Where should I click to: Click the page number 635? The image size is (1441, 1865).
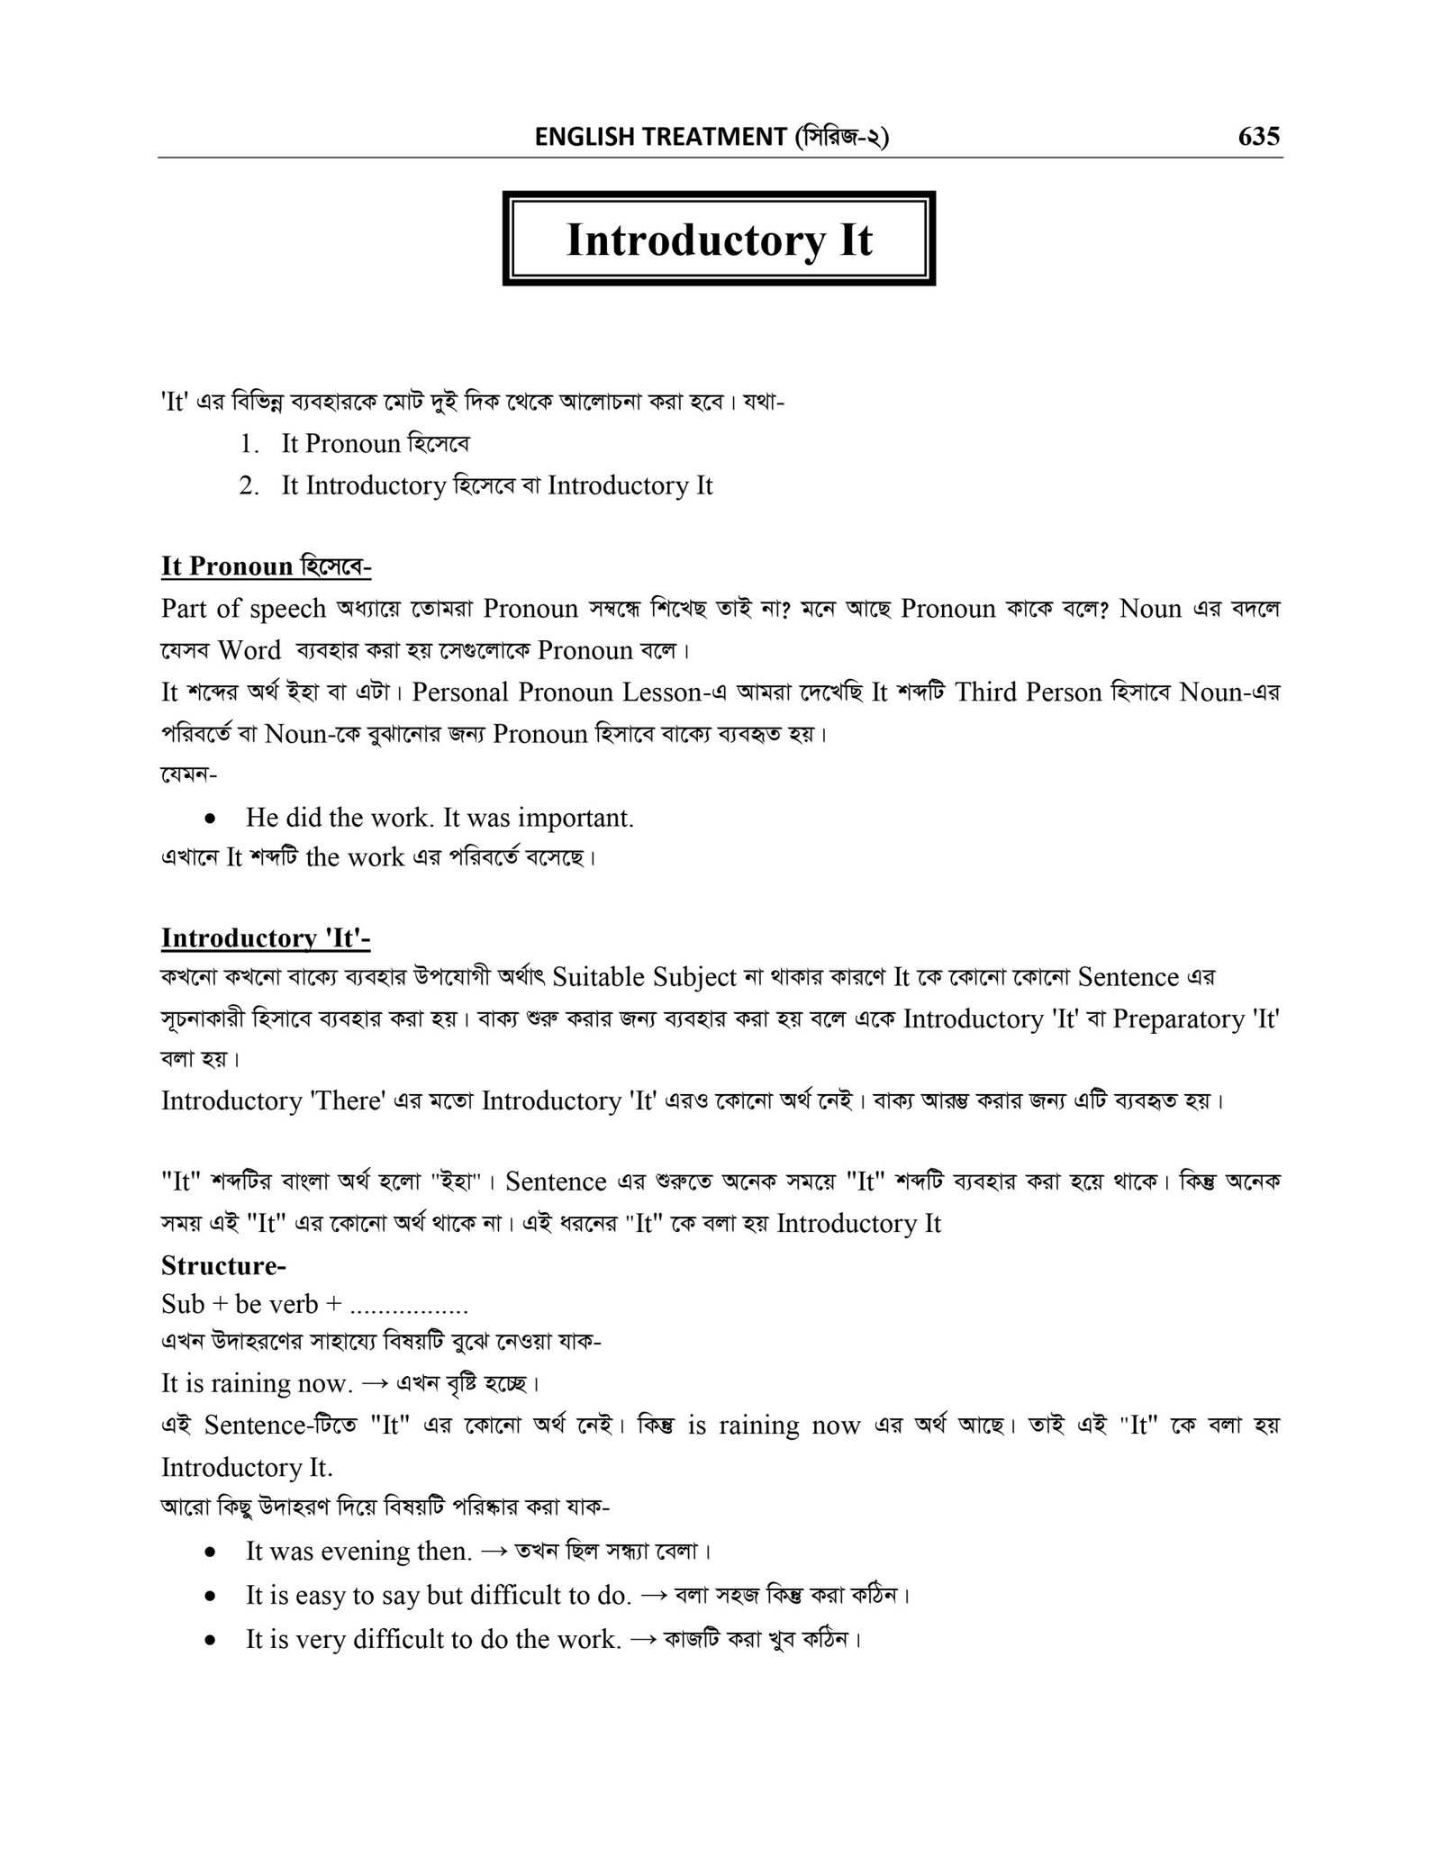click(1258, 136)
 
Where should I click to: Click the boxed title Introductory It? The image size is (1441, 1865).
click(719, 240)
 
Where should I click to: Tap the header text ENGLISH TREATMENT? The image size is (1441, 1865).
click(660, 137)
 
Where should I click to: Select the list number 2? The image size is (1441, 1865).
click(249, 485)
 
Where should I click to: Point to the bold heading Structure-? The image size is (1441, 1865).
click(223, 1265)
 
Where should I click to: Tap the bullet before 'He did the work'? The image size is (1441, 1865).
click(210, 819)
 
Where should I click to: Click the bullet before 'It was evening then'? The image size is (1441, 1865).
click(210, 1553)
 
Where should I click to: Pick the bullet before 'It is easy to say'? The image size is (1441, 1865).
click(210, 1597)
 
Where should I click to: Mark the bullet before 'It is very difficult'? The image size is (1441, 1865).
click(210, 1641)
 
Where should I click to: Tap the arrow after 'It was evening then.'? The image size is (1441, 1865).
click(494, 1552)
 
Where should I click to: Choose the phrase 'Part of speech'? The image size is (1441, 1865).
click(243, 609)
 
